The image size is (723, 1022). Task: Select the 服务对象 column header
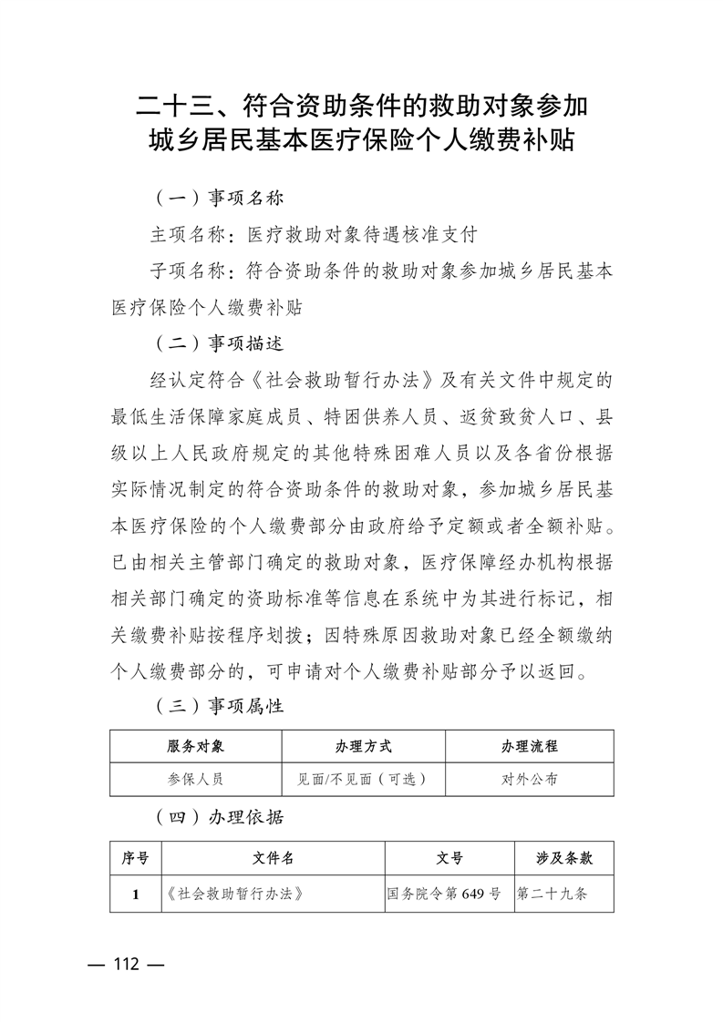(x=195, y=746)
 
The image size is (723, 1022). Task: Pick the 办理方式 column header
(x=363, y=746)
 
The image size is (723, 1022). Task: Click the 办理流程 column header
(x=529, y=746)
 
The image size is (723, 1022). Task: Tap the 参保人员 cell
(x=195, y=780)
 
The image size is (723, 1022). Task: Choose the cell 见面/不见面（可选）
(x=363, y=780)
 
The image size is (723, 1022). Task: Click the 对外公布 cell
(x=529, y=780)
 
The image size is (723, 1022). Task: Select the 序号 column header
(x=135, y=858)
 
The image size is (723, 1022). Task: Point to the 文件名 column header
(x=273, y=858)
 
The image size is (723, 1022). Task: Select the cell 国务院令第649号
(x=444, y=894)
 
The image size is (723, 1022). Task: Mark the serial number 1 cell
(x=135, y=894)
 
